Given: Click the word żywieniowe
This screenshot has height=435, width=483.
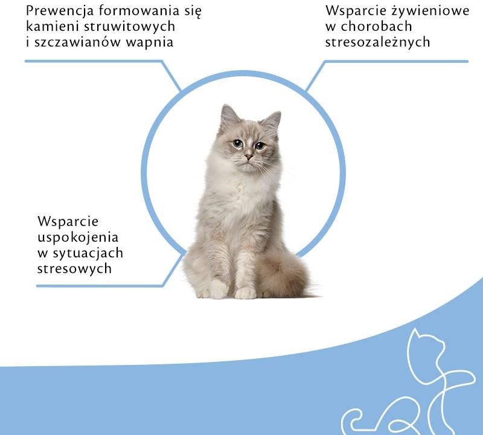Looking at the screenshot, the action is click(430, 11).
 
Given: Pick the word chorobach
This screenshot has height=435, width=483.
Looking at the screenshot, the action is click(376, 26).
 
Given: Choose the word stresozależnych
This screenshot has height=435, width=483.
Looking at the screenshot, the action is click(378, 42).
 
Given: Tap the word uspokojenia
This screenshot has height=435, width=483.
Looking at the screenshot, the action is click(78, 238).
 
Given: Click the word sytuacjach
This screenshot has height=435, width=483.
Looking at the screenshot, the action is click(88, 254).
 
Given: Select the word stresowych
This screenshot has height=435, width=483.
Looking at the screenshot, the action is click(74, 269).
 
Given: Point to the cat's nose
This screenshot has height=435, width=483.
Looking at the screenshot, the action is click(249, 156).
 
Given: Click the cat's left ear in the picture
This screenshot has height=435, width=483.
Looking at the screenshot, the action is click(229, 115).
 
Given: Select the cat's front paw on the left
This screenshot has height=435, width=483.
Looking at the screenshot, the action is click(219, 289).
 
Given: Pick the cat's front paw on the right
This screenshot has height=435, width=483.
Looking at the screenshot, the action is click(246, 293).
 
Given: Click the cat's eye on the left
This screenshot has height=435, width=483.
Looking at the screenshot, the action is click(237, 143).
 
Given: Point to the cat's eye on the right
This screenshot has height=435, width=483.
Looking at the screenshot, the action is click(260, 145).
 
